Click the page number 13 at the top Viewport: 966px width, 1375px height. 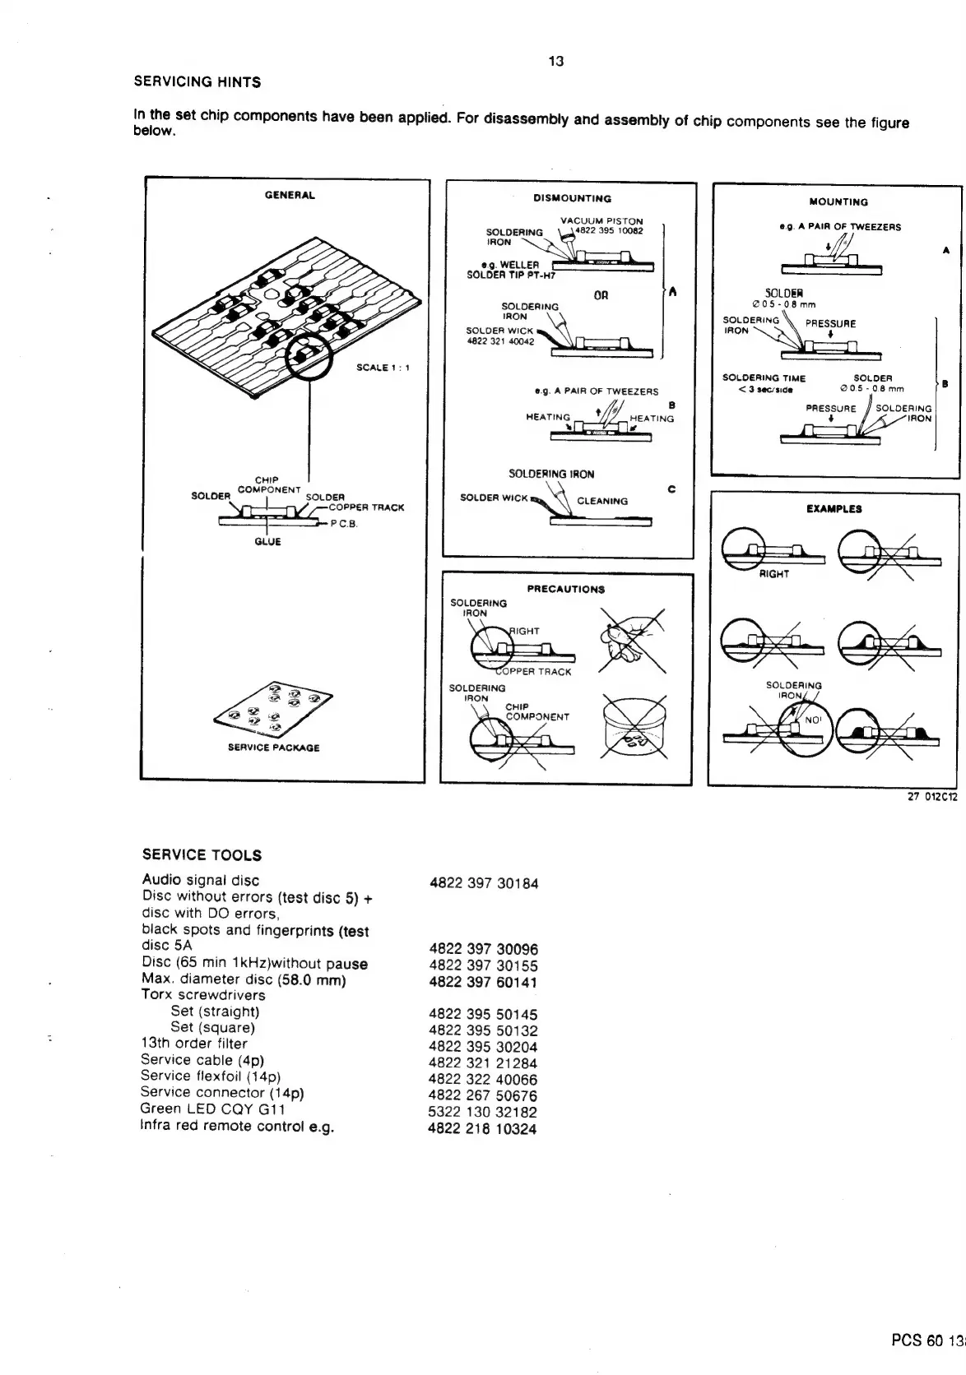tap(555, 62)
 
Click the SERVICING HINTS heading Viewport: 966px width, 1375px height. tap(197, 82)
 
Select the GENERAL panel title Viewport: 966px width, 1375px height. tap(290, 196)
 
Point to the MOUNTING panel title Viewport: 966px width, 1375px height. tap(838, 202)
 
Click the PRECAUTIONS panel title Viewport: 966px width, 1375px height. tap(565, 589)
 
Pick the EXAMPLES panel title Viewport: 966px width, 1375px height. tap(834, 509)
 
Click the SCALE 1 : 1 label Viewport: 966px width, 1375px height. tap(383, 368)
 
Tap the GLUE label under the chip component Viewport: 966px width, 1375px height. tap(267, 542)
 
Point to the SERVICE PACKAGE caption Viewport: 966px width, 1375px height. tap(273, 748)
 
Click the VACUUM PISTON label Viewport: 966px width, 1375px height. tap(601, 221)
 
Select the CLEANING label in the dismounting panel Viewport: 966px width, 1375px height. tap(602, 501)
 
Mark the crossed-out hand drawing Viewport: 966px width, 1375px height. tap(630, 640)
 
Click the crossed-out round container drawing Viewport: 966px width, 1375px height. tap(634, 726)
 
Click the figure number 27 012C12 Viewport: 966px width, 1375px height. tap(932, 797)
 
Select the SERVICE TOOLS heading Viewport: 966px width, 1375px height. tap(202, 855)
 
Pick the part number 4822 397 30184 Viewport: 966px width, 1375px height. tap(484, 884)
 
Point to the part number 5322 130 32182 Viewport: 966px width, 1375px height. tap(482, 1113)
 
